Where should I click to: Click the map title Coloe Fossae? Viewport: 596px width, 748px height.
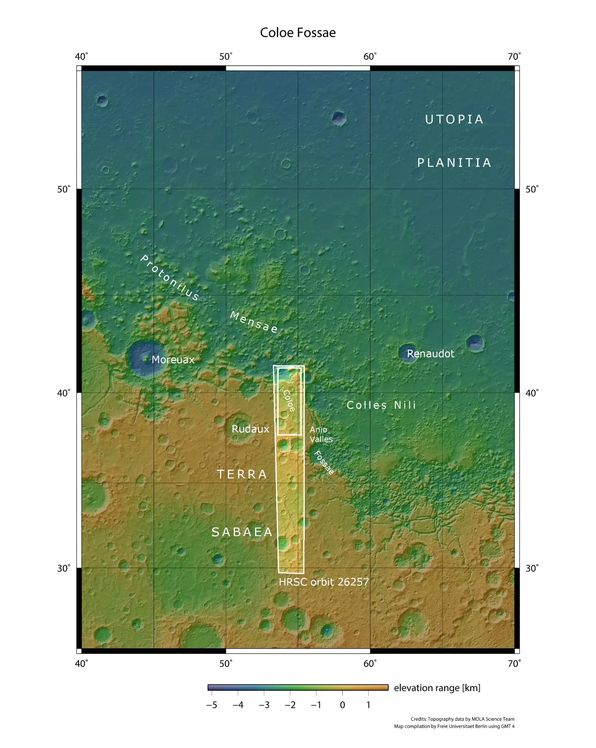click(297, 33)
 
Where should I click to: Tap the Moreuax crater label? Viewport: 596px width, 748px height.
click(173, 360)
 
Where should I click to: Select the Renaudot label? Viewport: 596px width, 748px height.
click(430, 354)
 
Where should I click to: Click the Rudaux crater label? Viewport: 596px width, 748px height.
click(250, 429)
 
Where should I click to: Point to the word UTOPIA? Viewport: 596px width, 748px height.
click(454, 119)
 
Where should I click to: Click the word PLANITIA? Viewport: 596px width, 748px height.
click(454, 163)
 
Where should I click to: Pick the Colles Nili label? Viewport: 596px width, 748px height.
click(381, 405)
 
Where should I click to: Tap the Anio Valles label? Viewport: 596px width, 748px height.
click(321, 434)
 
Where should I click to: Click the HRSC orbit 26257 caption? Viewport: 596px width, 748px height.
click(324, 582)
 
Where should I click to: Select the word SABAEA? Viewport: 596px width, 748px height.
click(242, 532)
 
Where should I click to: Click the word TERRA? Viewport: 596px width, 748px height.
click(242, 474)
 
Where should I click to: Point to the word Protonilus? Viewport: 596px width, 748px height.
click(170, 278)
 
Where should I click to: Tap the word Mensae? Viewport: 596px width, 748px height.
click(254, 322)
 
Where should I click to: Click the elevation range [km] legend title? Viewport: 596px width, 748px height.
click(437, 688)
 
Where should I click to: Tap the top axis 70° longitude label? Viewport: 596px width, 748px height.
click(514, 57)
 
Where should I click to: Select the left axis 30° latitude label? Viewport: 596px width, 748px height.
click(64, 568)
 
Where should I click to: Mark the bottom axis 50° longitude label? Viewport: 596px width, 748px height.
click(226, 664)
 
